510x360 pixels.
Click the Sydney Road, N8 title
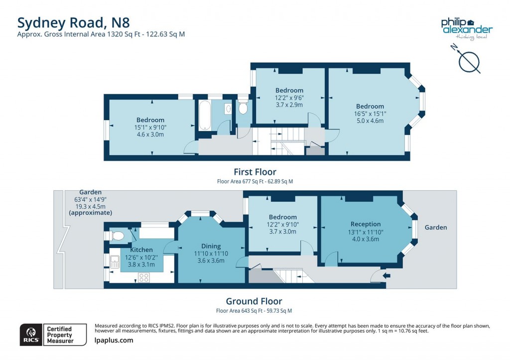click(74, 23)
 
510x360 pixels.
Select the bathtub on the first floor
click(205, 115)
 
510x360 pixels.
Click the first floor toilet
click(243, 107)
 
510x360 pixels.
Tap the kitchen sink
click(115, 262)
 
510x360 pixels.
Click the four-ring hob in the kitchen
click(144, 278)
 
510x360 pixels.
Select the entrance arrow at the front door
click(386, 276)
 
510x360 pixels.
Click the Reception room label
click(366, 224)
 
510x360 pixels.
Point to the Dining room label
click(211, 246)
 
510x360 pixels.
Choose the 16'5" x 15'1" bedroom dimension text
click(370, 114)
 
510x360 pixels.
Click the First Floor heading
click(255, 172)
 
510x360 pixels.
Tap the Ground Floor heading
click(254, 301)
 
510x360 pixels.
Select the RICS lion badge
click(31, 335)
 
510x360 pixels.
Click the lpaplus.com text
click(114, 340)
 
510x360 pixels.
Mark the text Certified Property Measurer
click(60, 335)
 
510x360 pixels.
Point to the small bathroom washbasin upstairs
click(228, 109)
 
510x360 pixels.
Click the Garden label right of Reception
click(435, 228)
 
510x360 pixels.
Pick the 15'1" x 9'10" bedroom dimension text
click(150, 127)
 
